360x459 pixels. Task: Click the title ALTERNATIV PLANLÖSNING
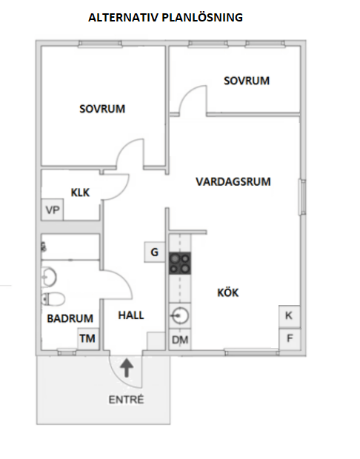coord(165,18)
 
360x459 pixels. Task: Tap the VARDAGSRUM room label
coord(233,182)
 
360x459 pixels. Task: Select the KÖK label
coord(228,292)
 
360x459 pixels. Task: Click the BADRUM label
coord(70,318)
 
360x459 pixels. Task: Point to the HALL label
coord(131,315)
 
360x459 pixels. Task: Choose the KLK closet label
coord(80,192)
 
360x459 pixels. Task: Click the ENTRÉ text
coord(126,400)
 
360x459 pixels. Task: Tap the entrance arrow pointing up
coord(127,368)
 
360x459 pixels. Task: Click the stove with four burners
coord(180,263)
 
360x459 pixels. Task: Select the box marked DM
coord(180,339)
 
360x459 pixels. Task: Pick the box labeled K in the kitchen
coord(290,316)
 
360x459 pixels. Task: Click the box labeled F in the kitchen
coord(290,338)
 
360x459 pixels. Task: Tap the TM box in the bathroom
coord(88,338)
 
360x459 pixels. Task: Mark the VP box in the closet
coord(53,210)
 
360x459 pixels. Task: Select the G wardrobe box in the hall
coord(155,252)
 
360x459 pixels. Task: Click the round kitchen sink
coord(180,316)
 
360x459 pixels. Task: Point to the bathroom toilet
coord(53,299)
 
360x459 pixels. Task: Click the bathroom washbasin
coord(49,276)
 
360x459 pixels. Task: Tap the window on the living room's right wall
coord(302,198)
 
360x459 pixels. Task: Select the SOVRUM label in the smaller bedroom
coord(247,81)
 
